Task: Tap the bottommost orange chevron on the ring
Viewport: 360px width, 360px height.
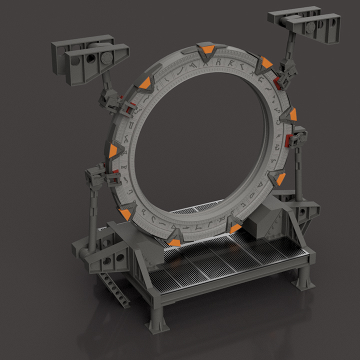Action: click(x=174, y=242)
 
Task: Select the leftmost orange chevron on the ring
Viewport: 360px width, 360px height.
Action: click(x=113, y=150)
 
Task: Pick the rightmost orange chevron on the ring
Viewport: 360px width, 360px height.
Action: click(x=292, y=116)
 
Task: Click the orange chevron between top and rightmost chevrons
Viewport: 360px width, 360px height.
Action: click(x=266, y=63)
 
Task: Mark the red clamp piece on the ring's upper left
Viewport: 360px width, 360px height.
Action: click(x=129, y=106)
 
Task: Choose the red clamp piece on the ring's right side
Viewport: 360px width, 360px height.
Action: click(x=288, y=141)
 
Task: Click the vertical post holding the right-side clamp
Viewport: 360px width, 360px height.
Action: click(x=299, y=170)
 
